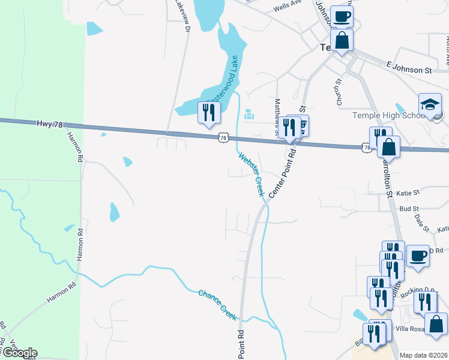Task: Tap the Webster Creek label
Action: (252, 175)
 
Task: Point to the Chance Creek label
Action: (218, 303)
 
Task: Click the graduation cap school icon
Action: (430, 104)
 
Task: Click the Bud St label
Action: (408, 208)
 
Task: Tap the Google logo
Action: (19, 353)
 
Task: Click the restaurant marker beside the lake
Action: (209, 112)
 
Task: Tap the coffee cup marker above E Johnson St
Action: (342, 17)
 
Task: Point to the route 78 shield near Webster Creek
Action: (223, 138)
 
